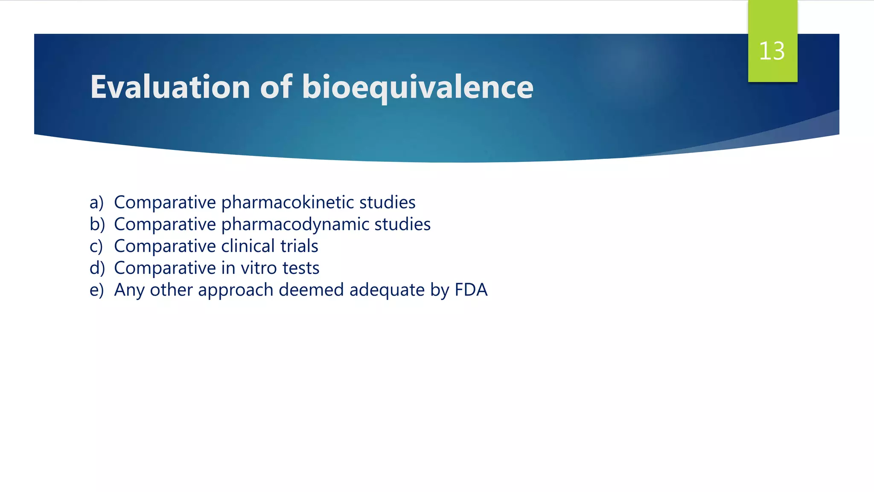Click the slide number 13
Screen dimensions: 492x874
pyautogui.click(x=772, y=51)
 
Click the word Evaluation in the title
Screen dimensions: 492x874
pyautogui.click(x=170, y=87)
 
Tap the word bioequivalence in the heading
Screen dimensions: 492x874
pyautogui.click(x=417, y=87)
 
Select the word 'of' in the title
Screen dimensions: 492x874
pyautogui.click(x=276, y=87)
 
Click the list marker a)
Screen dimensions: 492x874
pyautogui.click(x=96, y=202)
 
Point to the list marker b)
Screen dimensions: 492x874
pyautogui.click(x=97, y=224)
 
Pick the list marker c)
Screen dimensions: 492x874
pyautogui.click(x=96, y=246)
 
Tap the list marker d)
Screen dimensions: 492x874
pyautogui.click(x=97, y=268)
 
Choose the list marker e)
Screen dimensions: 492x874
pyautogui.click(x=96, y=290)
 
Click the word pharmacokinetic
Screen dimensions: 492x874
pyautogui.click(x=287, y=202)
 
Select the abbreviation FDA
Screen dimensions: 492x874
pyautogui.click(x=471, y=290)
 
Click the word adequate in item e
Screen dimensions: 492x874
pyautogui.click(x=387, y=290)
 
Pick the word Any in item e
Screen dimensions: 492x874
pyautogui.click(x=129, y=290)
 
